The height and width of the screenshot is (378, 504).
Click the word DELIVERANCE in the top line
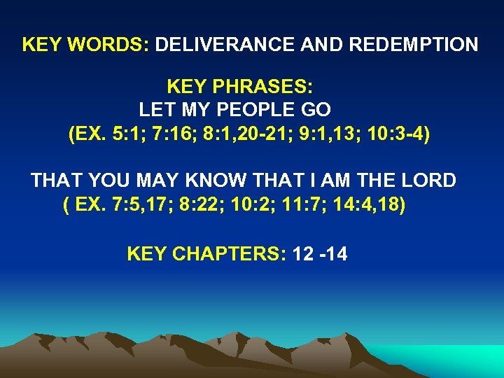[x=225, y=45]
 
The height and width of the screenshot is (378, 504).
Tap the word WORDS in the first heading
[x=110, y=45]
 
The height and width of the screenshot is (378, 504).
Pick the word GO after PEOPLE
[x=317, y=110]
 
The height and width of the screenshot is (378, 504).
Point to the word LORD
[x=427, y=181]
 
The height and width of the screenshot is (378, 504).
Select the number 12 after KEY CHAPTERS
[x=304, y=254]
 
